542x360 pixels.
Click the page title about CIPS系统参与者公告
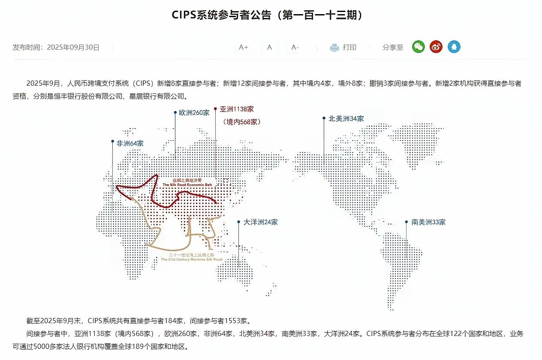tap(270, 15)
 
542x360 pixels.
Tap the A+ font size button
tap(244, 47)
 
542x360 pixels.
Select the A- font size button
tap(295, 47)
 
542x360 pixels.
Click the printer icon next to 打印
tap(334, 48)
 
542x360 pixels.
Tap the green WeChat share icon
tap(418, 47)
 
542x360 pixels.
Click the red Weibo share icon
tap(436, 47)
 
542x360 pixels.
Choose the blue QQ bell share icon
tap(454, 47)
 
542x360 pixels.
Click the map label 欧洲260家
tap(194, 113)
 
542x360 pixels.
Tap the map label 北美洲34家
tap(346, 119)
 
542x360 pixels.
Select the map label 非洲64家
tap(130, 144)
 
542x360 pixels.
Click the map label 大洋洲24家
tap(261, 222)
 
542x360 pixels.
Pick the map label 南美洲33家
tap(428, 222)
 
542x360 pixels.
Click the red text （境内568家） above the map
tap(242, 122)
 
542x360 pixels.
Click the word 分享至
tap(393, 48)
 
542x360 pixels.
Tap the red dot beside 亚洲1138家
tap(215, 109)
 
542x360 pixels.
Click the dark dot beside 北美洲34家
tap(324, 118)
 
